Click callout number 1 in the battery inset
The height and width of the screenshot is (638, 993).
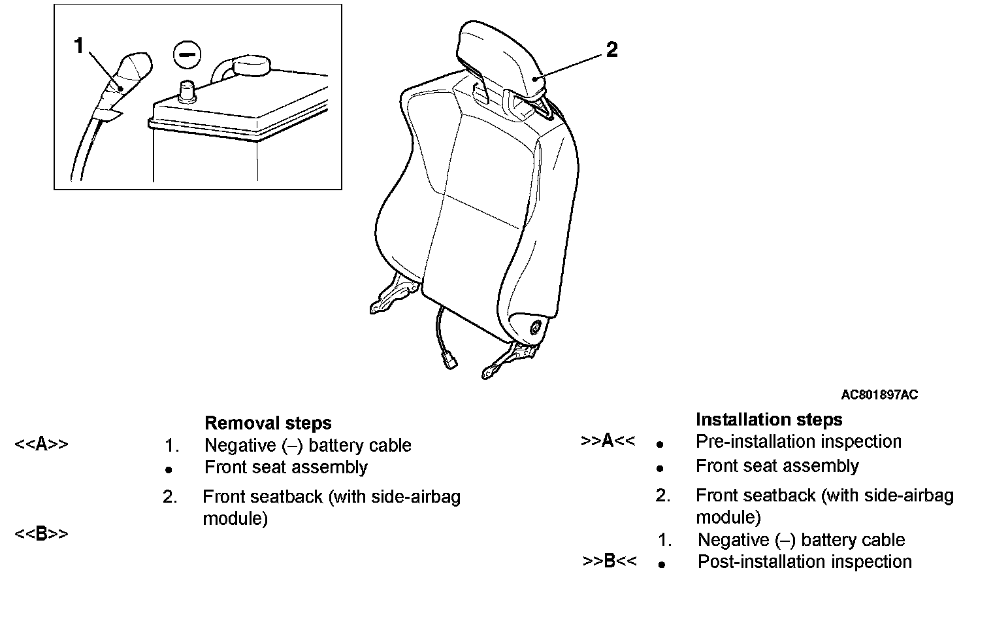[x=79, y=46]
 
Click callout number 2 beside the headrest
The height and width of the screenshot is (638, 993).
[x=611, y=50]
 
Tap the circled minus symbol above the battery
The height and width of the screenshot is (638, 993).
[x=187, y=55]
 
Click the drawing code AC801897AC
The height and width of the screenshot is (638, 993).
[x=879, y=395]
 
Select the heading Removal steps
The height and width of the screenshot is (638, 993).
[x=268, y=423]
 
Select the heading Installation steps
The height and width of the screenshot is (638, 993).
[x=769, y=419]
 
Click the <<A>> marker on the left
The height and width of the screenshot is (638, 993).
[x=41, y=445]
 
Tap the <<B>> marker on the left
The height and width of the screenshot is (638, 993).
[x=41, y=534]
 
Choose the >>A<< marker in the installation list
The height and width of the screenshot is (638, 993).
[x=608, y=441]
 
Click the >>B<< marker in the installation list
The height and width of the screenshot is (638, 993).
[x=609, y=561]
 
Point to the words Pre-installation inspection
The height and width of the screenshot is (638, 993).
[x=798, y=441]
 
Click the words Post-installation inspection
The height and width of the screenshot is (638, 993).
[x=804, y=562]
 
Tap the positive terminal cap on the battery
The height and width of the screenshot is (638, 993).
[x=251, y=65]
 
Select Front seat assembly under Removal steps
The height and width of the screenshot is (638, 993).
[x=286, y=467]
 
